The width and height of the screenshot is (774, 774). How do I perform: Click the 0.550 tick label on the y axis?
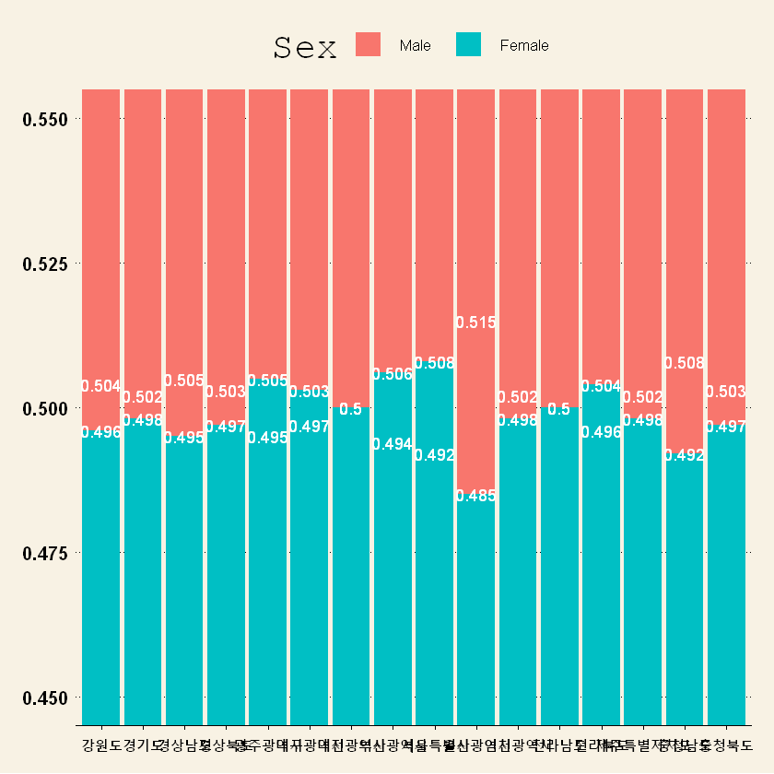pos(43,120)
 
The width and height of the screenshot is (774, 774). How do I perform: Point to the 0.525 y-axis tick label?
pos(43,264)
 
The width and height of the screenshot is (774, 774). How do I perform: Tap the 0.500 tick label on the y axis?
pos(43,408)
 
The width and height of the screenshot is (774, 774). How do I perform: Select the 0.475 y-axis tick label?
pos(43,553)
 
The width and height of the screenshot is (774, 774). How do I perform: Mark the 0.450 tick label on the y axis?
pos(43,698)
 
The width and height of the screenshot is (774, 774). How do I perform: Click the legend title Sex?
pos(305,47)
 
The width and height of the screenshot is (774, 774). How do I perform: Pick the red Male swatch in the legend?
pos(369,44)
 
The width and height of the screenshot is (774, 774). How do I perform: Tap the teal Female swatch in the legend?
pos(468,44)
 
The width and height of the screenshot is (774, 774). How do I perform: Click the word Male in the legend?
pos(415,45)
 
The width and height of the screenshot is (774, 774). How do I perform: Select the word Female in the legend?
pos(523,45)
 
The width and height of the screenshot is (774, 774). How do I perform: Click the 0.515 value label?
pos(475,322)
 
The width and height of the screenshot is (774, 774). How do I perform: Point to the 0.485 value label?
pos(475,496)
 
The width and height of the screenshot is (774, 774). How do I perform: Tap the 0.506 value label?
pos(393,374)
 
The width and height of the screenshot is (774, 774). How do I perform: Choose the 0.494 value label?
pos(393,443)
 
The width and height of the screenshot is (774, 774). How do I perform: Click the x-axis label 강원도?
pos(101,745)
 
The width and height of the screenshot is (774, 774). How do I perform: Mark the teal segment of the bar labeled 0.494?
pos(393,590)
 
